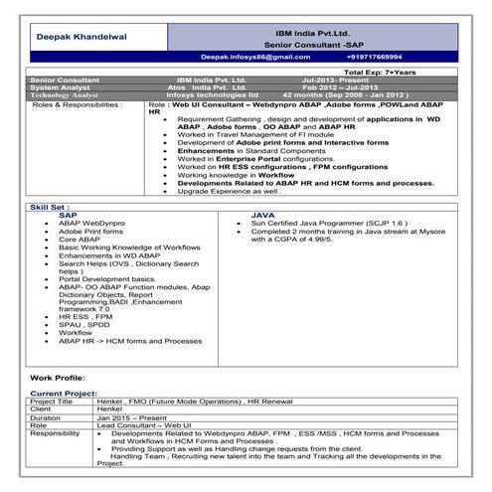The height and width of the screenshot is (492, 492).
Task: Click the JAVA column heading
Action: pyautogui.click(x=262, y=214)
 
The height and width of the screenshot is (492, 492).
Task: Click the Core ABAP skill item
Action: pyautogui.click(x=80, y=239)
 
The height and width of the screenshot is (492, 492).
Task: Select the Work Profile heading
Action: pyautogui.click(x=59, y=379)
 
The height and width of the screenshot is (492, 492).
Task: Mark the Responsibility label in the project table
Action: pyautogui.click(x=56, y=434)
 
